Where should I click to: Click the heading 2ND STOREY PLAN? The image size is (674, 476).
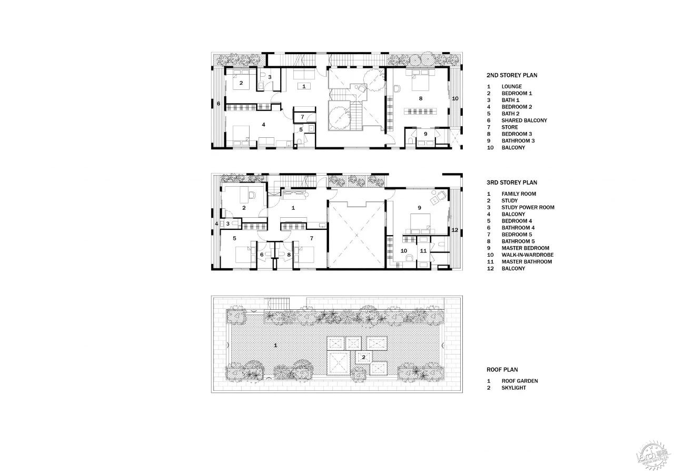pyautogui.click(x=512, y=75)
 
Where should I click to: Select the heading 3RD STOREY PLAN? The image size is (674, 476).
pyautogui.click(x=512, y=183)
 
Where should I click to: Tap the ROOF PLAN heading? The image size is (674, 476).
pyautogui.click(x=502, y=370)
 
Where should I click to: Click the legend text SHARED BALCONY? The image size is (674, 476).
pyautogui.click(x=524, y=120)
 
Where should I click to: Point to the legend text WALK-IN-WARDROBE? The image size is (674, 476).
pyautogui.click(x=528, y=255)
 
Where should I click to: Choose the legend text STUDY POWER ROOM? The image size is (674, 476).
pyautogui.click(x=528, y=207)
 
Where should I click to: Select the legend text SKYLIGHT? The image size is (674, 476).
pyautogui.click(x=513, y=388)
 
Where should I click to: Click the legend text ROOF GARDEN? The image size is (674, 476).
pyautogui.click(x=520, y=381)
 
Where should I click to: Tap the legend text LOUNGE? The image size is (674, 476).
pyautogui.click(x=511, y=86)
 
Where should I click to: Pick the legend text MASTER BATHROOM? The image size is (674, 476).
pyautogui.click(x=527, y=261)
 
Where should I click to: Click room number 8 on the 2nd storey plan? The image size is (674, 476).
pyautogui.click(x=421, y=98)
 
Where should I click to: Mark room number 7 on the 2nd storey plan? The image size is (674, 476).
pyautogui.click(x=302, y=117)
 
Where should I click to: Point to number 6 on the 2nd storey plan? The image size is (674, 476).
pyautogui.click(x=219, y=104)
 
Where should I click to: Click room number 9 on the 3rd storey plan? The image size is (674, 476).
pyautogui.click(x=420, y=207)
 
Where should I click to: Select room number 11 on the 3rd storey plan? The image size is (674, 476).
pyautogui.click(x=423, y=250)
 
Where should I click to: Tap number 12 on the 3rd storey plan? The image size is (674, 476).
pyautogui.click(x=455, y=230)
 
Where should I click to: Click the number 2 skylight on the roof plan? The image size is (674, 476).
pyautogui.click(x=364, y=357)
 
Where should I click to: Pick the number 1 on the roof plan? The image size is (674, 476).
pyautogui.click(x=275, y=346)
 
